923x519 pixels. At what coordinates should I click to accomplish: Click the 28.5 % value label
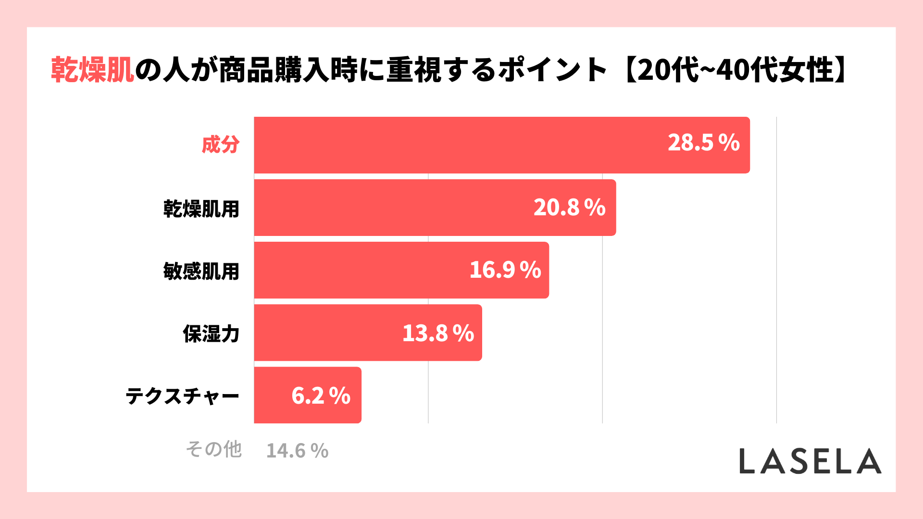tap(703, 143)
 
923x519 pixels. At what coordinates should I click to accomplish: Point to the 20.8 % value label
tap(569, 208)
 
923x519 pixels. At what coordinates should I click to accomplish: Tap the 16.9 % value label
tap(505, 270)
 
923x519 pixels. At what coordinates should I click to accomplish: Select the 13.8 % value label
tap(438, 333)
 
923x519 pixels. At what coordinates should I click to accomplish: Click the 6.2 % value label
tap(321, 396)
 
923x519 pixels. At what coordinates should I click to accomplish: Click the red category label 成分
tap(220, 145)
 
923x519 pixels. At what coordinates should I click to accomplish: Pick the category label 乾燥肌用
tap(201, 209)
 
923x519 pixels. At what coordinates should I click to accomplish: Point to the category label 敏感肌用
tap(201, 271)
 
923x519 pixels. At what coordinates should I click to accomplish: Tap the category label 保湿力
tap(211, 334)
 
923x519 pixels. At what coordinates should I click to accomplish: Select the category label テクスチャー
tap(182, 396)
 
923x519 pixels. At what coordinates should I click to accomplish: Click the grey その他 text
tap(213, 449)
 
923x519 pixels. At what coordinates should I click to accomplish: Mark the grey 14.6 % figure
tap(297, 451)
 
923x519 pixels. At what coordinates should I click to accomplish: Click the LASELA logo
tap(810, 461)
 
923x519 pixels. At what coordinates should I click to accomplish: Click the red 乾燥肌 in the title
tap(92, 70)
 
